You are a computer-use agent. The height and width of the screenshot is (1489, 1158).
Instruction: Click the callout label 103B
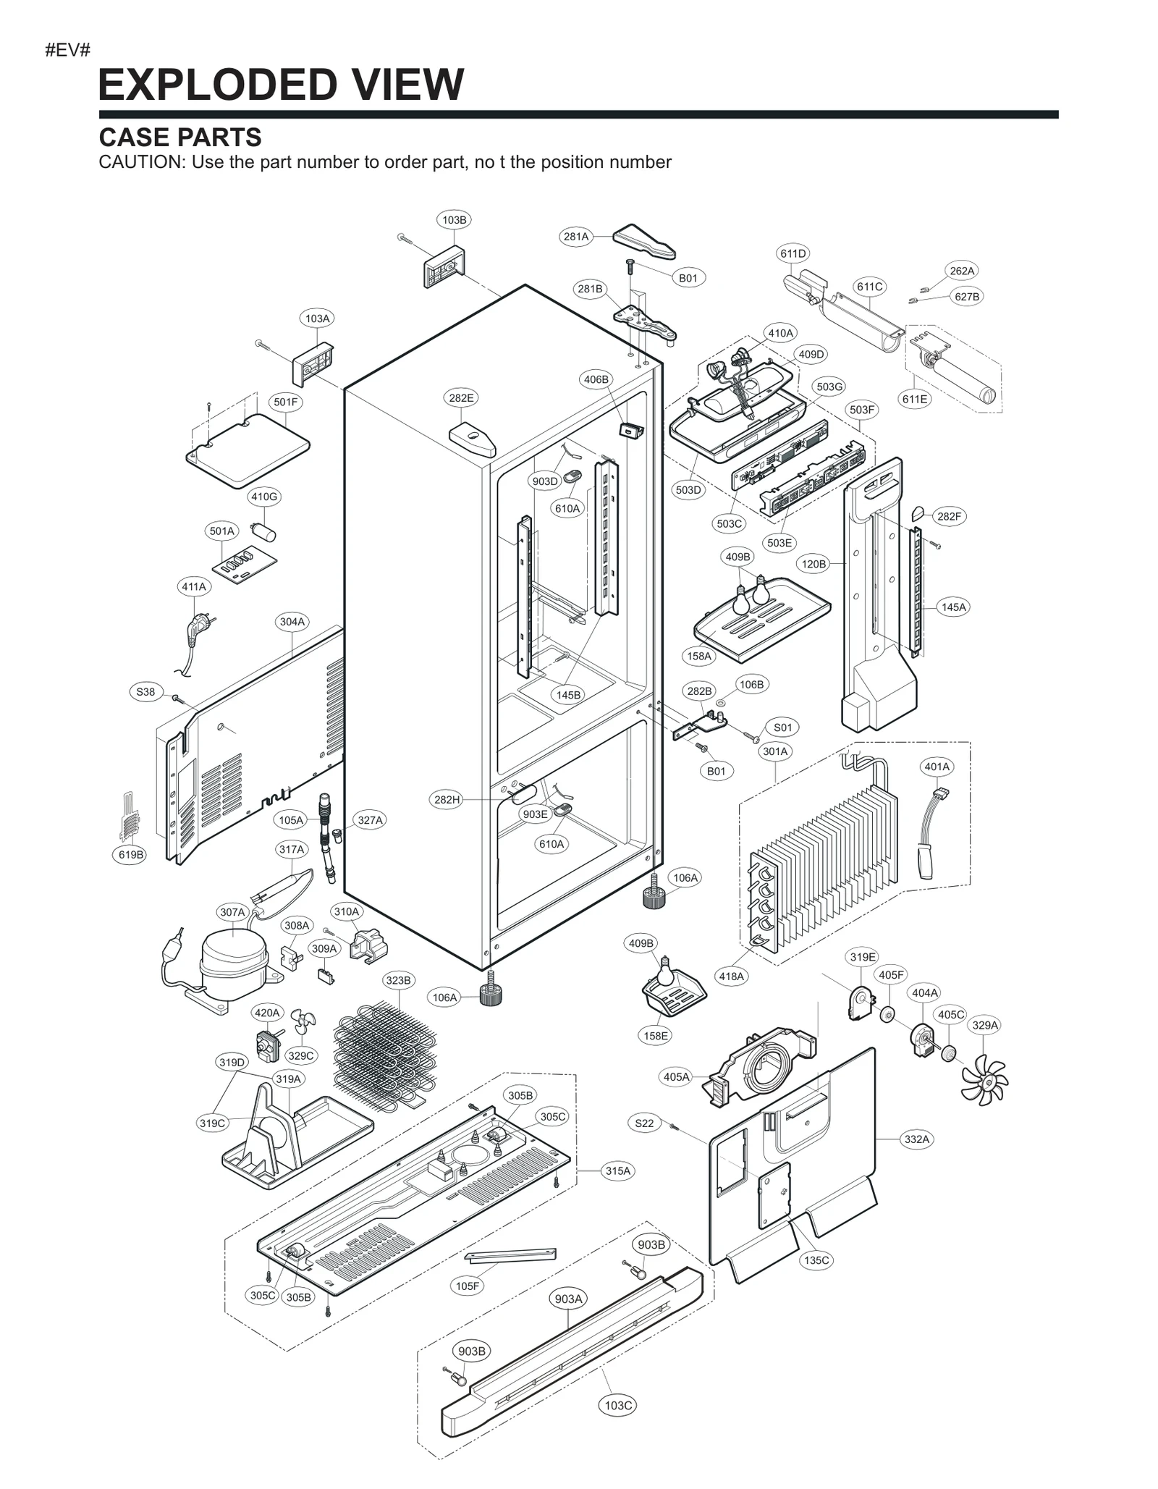coord(454,219)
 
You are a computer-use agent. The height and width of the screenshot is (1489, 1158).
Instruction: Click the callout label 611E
coord(915,399)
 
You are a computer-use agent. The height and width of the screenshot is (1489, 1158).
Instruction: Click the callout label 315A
coord(617,1170)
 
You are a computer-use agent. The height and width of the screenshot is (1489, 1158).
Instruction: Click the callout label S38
coord(145,691)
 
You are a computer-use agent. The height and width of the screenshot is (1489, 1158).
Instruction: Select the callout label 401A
coord(937,767)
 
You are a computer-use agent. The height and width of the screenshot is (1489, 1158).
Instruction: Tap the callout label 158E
coord(656,1036)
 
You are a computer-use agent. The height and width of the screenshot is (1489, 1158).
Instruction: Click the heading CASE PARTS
coord(179,137)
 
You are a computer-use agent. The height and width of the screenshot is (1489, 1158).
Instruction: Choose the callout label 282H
coord(447,799)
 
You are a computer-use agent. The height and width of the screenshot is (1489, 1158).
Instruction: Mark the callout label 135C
coord(816,1260)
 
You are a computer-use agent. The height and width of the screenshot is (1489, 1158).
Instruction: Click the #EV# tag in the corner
coord(67,50)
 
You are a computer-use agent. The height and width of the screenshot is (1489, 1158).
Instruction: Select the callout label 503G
coord(829,387)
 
